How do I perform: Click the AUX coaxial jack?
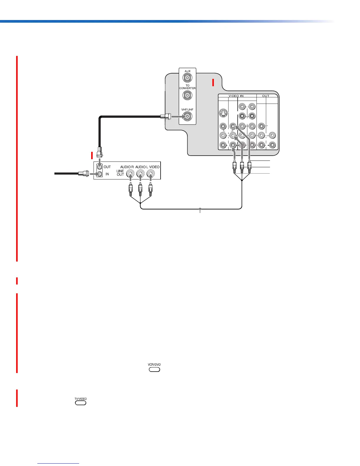click(x=187, y=78)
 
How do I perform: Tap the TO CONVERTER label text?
click(x=187, y=87)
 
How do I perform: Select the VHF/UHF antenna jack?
click(x=187, y=117)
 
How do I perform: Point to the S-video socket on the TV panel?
click(x=224, y=113)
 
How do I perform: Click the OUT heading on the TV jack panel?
click(x=266, y=96)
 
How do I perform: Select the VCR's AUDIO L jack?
click(x=140, y=174)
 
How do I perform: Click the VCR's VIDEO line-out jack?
click(x=151, y=174)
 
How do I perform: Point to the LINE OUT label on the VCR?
click(x=120, y=173)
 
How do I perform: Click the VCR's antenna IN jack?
click(x=100, y=174)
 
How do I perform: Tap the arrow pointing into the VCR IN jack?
click(x=93, y=174)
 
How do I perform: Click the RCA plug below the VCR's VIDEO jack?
click(x=151, y=190)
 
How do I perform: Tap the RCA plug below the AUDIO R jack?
click(x=130, y=190)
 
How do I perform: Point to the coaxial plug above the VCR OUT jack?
click(x=99, y=152)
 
